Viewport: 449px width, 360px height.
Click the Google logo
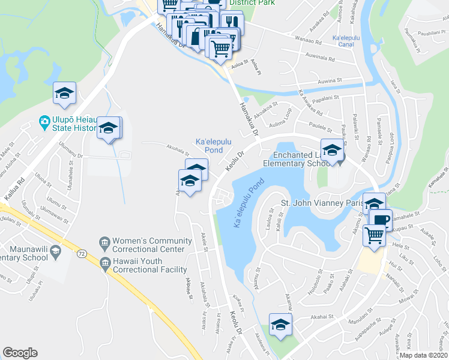[20, 353]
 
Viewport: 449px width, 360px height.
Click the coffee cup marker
[380, 219]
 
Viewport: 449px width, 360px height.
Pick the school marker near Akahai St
[280, 325]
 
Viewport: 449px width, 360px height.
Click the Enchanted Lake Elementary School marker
[331, 151]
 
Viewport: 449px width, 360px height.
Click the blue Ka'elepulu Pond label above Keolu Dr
[209, 145]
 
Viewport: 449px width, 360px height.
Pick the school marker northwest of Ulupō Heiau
[64, 93]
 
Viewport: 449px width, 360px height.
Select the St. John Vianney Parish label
[322, 203]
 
